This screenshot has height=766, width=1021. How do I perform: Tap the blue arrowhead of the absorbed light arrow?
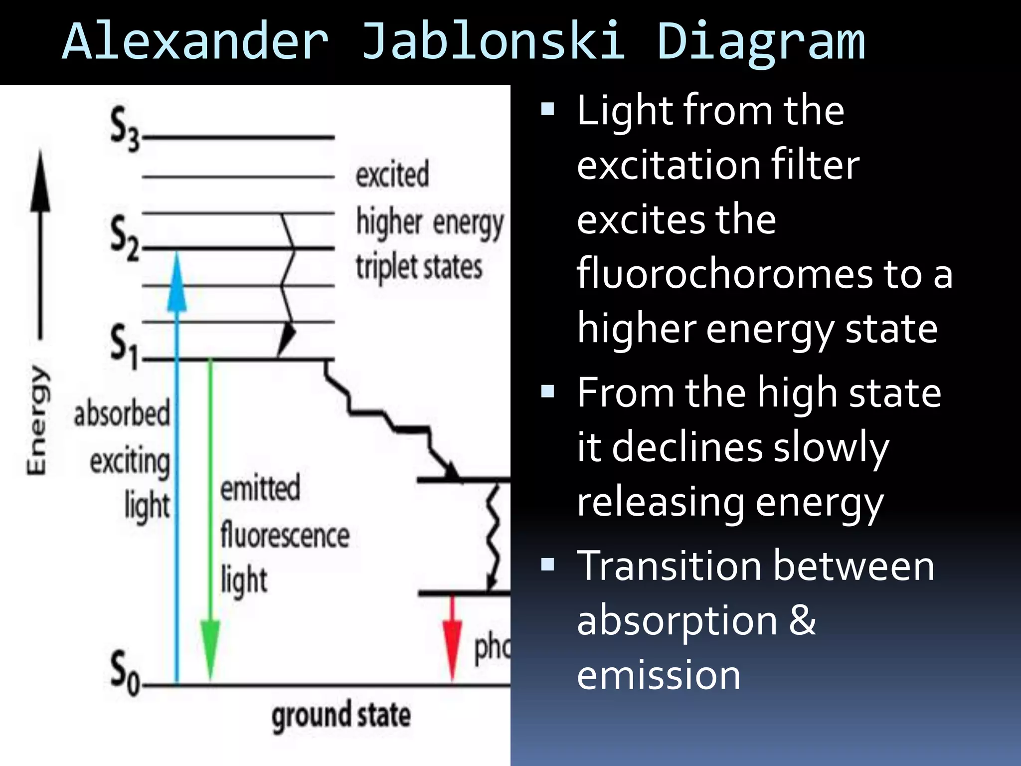pos(176,284)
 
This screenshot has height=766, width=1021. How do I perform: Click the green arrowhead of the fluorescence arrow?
pos(210,648)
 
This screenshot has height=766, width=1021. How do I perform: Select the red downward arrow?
pos(452,638)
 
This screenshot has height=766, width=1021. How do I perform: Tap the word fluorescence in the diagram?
pos(285,536)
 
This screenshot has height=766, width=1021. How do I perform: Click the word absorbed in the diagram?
pos(122,414)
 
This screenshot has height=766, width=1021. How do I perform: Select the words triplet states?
pos(419,267)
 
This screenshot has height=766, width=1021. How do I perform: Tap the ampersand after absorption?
pos(802,621)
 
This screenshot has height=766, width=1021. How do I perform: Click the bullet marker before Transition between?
pos(547,565)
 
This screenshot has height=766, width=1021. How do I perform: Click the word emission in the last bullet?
pos(659,676)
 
